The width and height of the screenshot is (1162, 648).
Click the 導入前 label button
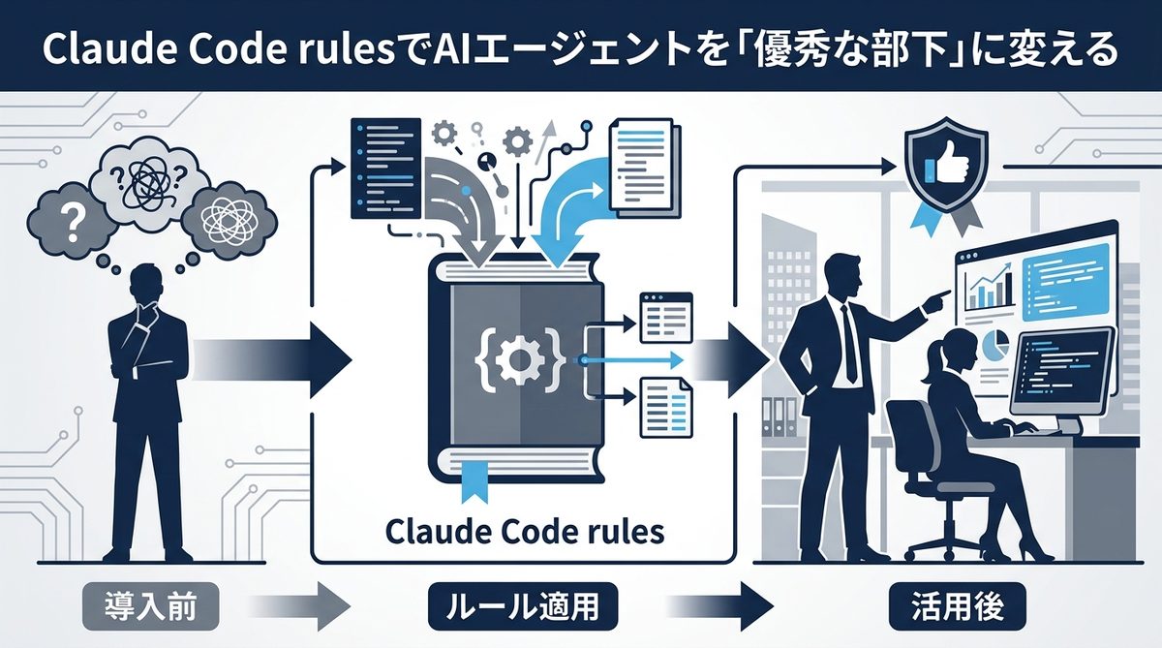(x=150, y=607)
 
